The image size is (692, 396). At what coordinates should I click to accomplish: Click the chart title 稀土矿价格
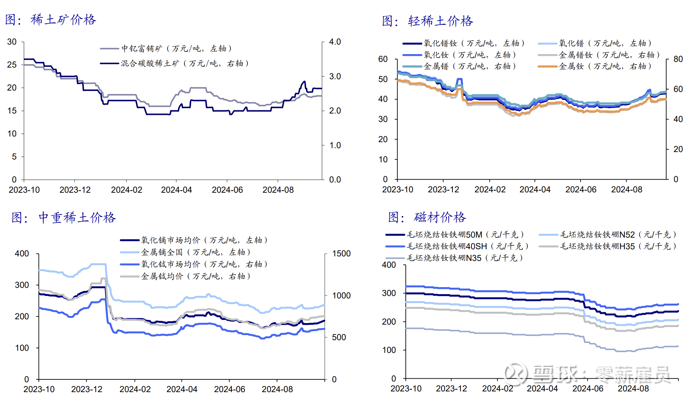[63, 20]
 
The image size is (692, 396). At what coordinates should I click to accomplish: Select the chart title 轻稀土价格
[440, 21]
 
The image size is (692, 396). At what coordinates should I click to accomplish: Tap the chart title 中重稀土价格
[77, 218]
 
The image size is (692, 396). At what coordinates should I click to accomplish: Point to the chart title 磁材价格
[440, 217]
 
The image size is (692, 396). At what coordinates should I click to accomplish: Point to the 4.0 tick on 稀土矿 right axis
[335, 42]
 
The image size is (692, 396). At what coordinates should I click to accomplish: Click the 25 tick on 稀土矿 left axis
[12, 65]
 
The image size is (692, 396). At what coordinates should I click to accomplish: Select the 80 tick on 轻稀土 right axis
[678, 59]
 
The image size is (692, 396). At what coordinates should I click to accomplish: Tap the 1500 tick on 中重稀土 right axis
[341, 254]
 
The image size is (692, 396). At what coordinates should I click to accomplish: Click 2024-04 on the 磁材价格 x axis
[542, 388]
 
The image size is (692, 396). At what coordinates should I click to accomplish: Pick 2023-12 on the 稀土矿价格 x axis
[75, 190]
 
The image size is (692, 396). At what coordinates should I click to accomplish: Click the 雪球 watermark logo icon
[515, 374]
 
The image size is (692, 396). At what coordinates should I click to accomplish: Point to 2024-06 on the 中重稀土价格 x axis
[229, 389]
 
